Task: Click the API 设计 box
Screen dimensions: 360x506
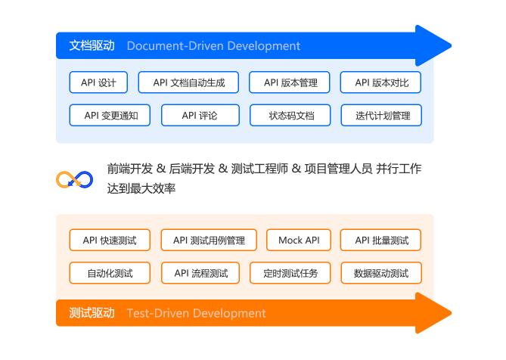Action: [99, 82]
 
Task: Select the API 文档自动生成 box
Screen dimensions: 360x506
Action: [188, 82]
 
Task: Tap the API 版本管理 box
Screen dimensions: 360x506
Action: [290, 82]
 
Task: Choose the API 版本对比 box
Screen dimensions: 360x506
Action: [380, 82]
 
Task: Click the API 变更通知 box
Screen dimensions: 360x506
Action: [110, 116]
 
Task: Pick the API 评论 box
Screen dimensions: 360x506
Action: [200, 116]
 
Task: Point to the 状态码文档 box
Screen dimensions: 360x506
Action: [290, 116]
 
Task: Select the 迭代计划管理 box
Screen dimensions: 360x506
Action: [380, 116]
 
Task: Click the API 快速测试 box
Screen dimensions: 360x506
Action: [110, 241]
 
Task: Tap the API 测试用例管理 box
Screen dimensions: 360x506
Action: [209, 241]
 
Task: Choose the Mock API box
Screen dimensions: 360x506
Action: [299, 241]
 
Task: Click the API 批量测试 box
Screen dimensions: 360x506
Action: [380, 241]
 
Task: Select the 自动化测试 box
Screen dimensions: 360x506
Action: [110, 273]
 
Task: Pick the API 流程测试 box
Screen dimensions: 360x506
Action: [200, 273]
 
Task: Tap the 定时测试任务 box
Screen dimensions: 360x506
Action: [290, 273]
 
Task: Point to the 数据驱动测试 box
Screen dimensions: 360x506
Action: [380, 273]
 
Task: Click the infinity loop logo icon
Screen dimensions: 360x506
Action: [75, 179]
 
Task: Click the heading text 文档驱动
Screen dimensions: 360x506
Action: [92, 45]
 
